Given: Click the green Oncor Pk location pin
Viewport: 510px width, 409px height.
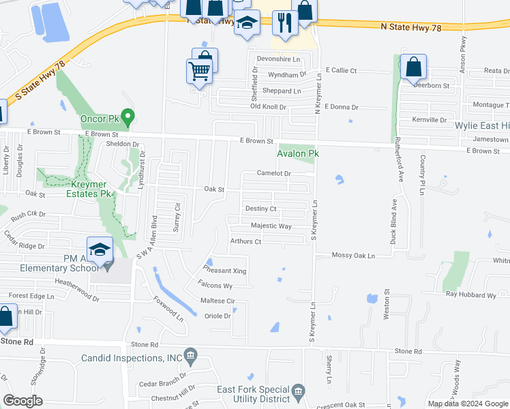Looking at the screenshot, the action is [x=125, y=117].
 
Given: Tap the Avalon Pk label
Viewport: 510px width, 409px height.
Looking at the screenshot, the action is [x=298, y=154].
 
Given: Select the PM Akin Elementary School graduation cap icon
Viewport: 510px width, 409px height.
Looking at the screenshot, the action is [x=100, y=250].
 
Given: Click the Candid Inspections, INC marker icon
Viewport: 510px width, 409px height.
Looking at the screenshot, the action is [x=190, y=355].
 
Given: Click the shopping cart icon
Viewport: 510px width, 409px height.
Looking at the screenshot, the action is [x=198, y=70].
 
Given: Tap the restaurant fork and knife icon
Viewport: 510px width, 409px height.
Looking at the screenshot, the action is [x=284, y=22].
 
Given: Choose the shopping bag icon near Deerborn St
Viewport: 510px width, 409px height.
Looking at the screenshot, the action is [x=413, y=67].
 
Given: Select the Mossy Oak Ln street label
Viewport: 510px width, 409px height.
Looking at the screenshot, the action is [x=354, y=256].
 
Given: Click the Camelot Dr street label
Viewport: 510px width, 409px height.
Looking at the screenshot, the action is [x=274, y=174].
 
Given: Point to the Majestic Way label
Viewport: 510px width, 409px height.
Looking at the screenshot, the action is [x=271, y=226].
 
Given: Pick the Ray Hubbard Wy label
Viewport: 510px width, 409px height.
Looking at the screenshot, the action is [x=471, y=295].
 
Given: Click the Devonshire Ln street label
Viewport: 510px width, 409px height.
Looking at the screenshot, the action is [x=278, y=59].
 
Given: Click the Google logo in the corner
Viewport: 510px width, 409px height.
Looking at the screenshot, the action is [x=23, y=401].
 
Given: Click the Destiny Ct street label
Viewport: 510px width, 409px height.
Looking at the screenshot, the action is [x=260, y=209].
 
